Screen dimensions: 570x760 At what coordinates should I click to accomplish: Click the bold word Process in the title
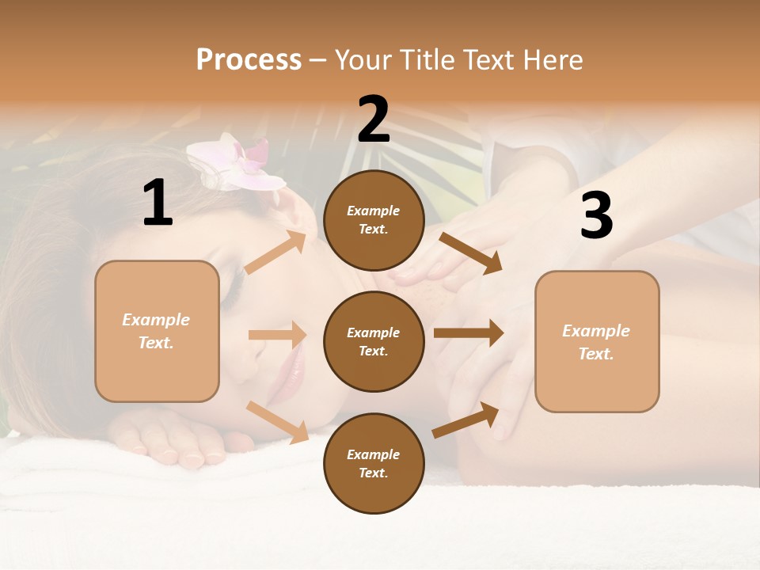pyautogui.click(x=249, y=59)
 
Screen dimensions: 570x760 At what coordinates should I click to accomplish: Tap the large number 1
pyautogui.click(x=158, y=203)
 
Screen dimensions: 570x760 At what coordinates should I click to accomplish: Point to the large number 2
pyautogui.click(x=374, y=119)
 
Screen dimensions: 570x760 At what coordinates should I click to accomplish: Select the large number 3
pyautogui.click(x=597, y=215)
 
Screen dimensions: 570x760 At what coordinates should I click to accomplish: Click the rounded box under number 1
pyautogui.click(x=157, y=331)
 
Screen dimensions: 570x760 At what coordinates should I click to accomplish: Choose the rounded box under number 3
pyautogui.click(x=597, y=341)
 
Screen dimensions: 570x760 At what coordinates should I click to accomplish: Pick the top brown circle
pyautogui.click(x=374, y=220)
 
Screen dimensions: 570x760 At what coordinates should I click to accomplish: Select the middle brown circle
pyautogui.click(x=374, y=341)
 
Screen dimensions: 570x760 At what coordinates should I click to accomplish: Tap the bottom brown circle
pyautogui.click(x=374, y=463)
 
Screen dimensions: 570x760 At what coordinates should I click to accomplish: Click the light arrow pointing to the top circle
pyautogui.click(x=275, y=253)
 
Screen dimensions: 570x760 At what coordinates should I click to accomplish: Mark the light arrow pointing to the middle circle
pyautogui.click(x=277, y=335)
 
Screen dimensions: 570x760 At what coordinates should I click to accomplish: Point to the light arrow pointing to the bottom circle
pyautogui.click(x=278, y=422)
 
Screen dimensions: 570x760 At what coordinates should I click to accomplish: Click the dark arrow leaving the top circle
pyautogui.click(x=470, y=253)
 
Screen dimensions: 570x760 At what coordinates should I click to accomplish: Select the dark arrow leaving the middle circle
pyautogui.click(x=469, y=332)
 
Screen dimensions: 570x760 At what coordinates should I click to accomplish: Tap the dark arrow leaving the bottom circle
pyautogui.click(x=465, y=420)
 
